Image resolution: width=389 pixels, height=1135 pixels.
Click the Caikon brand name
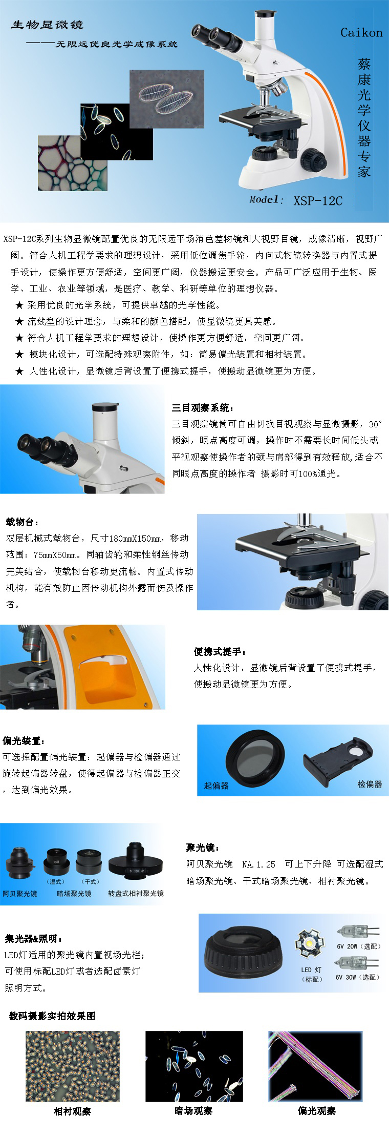[361, 33]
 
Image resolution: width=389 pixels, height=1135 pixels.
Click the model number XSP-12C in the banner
[318, 200]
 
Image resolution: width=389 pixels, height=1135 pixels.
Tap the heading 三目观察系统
[203, 408]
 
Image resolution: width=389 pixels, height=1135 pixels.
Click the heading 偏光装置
[24, 741]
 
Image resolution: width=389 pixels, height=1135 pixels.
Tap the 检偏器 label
[370, 784]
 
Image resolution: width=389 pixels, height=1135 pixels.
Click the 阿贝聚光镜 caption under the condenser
[19, 893]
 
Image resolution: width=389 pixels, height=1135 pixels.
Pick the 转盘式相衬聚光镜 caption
[136, 893]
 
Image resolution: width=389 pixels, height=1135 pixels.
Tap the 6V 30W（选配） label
[357, 977]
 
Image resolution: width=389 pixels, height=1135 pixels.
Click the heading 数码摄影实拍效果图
[52, 1016]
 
